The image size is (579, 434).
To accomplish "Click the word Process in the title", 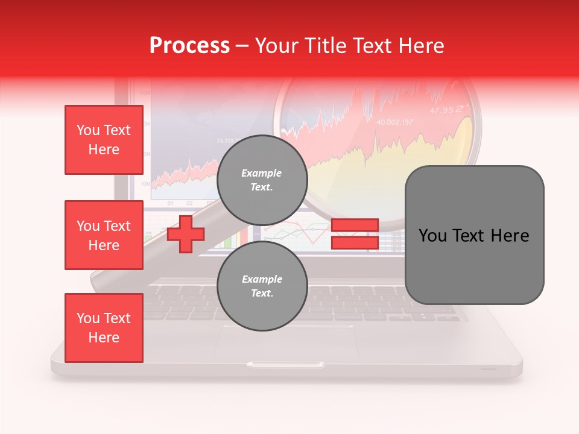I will coord(189,45).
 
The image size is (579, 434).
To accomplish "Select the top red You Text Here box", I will coord(104,140).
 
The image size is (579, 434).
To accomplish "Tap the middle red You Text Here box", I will coord(104,235).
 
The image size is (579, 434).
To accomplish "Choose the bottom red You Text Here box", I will coord(104,328).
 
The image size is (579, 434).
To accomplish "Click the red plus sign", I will coord(186,234).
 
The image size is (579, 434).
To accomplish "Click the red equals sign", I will coord(355,234).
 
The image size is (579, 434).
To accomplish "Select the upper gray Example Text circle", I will coord(262,180).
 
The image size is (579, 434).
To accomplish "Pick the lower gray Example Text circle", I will coord(262,286).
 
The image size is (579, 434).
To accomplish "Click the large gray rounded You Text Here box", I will coord(474,235).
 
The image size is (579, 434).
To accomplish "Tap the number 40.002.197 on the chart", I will coord(395,122).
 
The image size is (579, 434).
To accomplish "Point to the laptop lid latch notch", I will coord(285,364).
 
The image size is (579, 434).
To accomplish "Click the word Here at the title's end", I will coord(422,45).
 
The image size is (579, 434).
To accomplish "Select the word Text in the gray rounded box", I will coord(472,236).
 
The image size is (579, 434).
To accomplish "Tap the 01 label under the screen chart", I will coord(170,203).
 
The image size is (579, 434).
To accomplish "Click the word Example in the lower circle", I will coord(262,279).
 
